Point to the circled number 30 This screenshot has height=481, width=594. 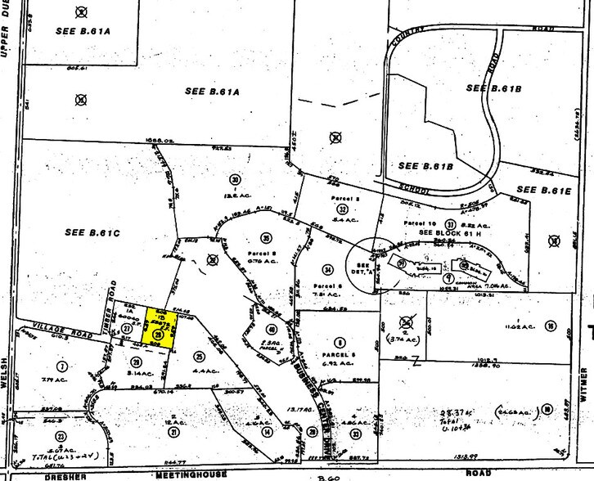click(x=236, y=180)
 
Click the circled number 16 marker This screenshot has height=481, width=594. click(x=551, y=326)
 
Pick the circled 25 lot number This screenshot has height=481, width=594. click(x=199, y=355)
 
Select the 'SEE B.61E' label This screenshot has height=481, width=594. click(x=544, y=190)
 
